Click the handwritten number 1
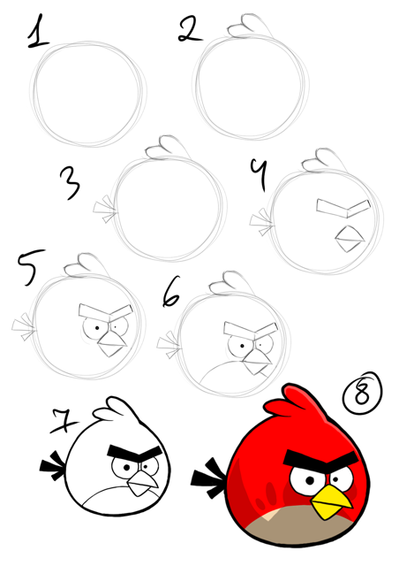(x=36, y=33)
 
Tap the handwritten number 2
(x=187, y=30)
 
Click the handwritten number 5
(x=26, y=268)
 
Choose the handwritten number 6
(x=172, y=293)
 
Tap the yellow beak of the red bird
(x=333, y=503)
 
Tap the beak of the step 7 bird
(x=139, y=483)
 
